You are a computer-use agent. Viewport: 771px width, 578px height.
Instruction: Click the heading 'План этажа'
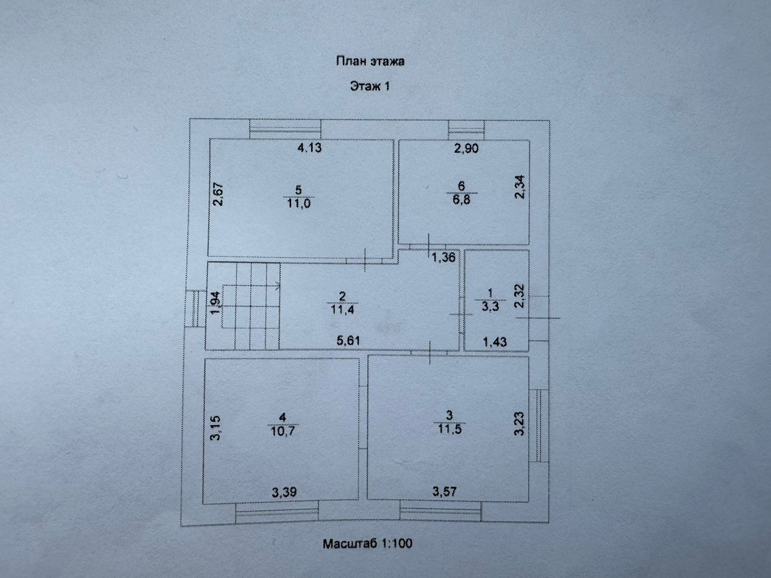[x=370, y=61]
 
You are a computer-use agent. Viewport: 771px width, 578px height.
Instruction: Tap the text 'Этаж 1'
[x=369, y=87]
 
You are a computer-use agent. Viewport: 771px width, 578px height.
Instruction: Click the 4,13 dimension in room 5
[x=309, y=148]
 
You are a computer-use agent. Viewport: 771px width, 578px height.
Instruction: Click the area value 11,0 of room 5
[x=299, y=203]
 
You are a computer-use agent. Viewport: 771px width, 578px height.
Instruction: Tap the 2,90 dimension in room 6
[x=466, y=148]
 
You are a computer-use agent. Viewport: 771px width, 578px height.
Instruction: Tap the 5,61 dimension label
[x=348, y=341]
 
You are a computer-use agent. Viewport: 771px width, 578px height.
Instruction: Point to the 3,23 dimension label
[x=519, y=423]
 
